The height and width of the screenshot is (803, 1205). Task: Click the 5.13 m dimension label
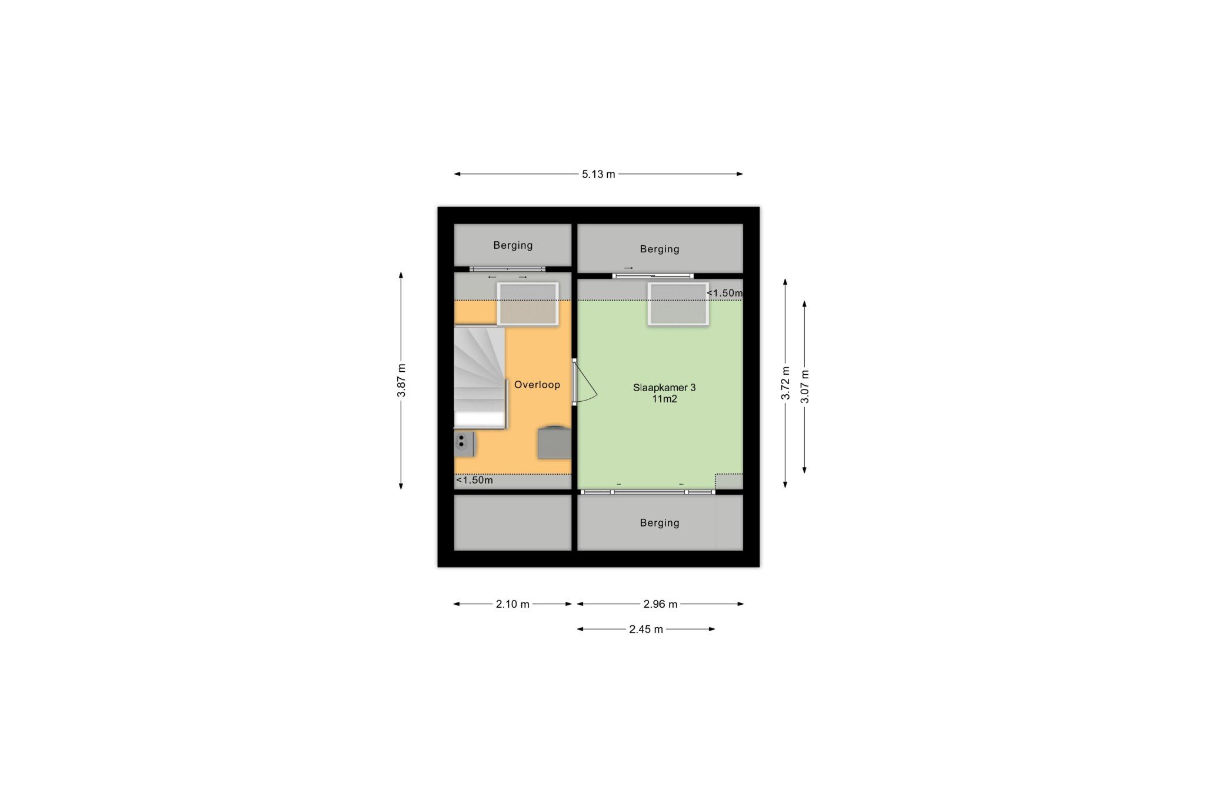click(598, 174)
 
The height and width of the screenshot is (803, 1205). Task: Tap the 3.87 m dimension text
click(401, 381)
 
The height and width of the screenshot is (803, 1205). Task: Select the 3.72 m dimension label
click(785, 383)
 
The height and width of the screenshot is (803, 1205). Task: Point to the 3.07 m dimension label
click(805, 386)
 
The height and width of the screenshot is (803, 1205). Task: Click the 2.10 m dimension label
click(512, 604)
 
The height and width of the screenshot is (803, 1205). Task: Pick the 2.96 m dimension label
click(660, 604)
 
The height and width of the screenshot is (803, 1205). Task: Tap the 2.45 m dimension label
click(646, 629)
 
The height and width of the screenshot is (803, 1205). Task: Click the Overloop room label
click(537, 385)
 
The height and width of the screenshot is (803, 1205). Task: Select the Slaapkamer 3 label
click(664, 388)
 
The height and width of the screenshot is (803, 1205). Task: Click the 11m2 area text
click(664, 399)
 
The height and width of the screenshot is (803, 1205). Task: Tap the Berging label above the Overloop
click(513, 245)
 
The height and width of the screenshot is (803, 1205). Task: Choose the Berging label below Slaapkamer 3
click(660, 523)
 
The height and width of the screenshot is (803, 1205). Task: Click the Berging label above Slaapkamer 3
click(660, 249)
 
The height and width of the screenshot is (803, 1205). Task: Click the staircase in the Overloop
click(480, 378)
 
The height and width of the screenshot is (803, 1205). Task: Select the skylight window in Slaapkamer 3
click(678, 304)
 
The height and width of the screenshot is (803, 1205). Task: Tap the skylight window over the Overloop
click(528, 304)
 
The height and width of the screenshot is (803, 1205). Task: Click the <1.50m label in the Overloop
click(475, 480)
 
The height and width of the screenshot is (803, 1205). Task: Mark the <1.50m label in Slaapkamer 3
click(724, 293)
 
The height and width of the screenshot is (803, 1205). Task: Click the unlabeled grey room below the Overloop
click(512, 522)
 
